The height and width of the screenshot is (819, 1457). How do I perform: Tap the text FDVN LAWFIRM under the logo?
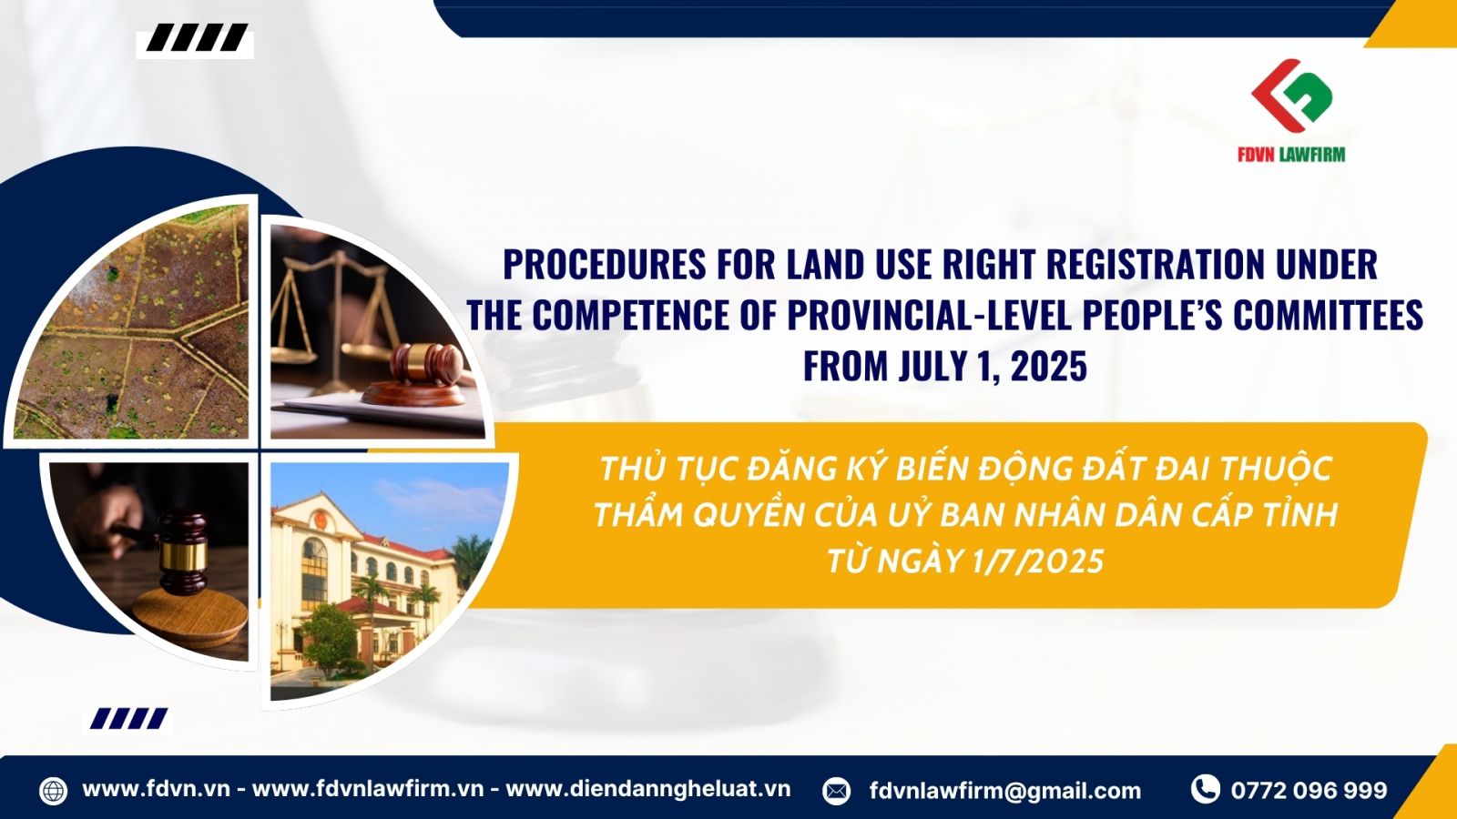pos(1291,154)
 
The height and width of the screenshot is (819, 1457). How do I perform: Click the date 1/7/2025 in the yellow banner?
pos(1038,561)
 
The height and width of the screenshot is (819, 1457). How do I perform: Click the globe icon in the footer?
pos(54,791)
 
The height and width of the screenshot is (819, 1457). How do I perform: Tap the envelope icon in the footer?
pos(837,791)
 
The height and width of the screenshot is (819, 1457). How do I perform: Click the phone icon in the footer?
pos(1206,789)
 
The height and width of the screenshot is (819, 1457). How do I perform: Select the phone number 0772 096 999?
pos(1309,790)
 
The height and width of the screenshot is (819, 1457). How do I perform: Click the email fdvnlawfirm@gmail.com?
pos(1005,791)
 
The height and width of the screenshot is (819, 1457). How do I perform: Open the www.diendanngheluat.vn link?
pos(647,789)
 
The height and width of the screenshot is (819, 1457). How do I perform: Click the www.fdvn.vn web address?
pos(156,789)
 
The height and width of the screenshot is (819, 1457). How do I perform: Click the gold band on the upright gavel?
pos(183,555)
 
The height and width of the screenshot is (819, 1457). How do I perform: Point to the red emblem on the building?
pos(318,520)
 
